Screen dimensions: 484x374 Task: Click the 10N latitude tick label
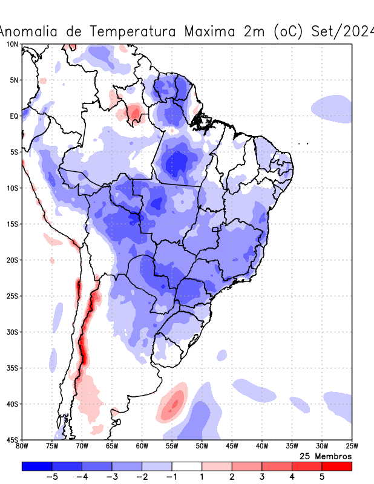[12, 45]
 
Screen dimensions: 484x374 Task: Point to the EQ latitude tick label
[14, 116]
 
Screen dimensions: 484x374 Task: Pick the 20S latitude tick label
[12, 260]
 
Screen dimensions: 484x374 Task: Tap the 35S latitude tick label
[12, 368]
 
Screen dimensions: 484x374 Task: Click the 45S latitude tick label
[12, 440]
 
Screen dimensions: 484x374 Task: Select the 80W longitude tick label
[22, 446]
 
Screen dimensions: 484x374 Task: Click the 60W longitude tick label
[142, 446]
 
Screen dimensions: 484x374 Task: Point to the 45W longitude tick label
[232, 446]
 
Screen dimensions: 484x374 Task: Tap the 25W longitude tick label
[351, 446]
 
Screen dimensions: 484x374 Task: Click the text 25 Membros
[326, 456]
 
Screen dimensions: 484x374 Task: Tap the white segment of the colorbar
[187, 466]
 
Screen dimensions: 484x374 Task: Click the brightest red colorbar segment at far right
[336, 466]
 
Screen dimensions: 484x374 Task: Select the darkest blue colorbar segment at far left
[37, 466]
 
